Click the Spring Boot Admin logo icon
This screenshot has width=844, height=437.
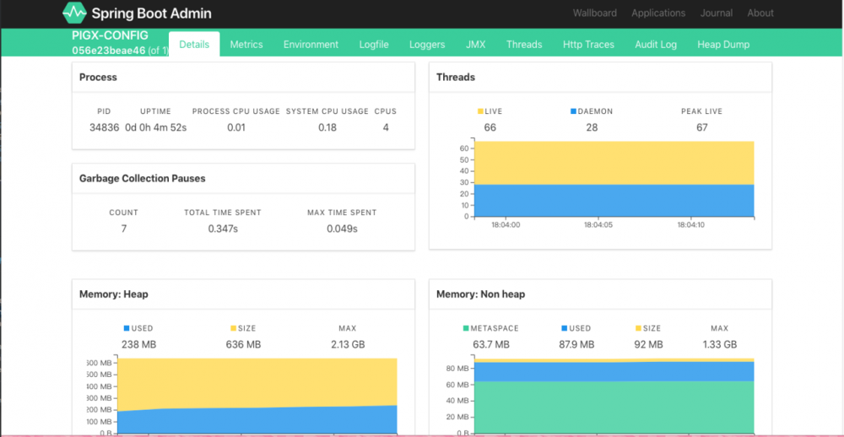coord(74,13)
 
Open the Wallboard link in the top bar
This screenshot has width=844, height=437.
coord(594,13)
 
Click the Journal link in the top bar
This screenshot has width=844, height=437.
coord(716,13)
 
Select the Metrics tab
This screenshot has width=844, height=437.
coord(246,45)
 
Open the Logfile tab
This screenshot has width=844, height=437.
coord(374,45)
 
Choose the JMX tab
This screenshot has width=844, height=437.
coord(475,45)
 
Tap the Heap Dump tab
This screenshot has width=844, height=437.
coord(723,45)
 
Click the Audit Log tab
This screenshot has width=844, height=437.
coord(656,45)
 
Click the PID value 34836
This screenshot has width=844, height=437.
coord(104,127)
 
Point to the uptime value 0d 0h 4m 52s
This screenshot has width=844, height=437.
coord(155,127)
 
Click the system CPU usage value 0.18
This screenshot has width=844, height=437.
coord(327,127)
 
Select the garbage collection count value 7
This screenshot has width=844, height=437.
coord(123,229)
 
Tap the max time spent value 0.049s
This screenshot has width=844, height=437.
coord(342,229)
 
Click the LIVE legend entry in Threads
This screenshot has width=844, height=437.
coord(490,111)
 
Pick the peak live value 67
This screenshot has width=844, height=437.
coord(701,127)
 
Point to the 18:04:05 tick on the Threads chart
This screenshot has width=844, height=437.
coord(598,225)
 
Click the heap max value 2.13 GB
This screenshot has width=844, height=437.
coord(347,344)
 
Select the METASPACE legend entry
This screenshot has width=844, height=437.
coord(490,328)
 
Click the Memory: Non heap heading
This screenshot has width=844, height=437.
coord(480,294)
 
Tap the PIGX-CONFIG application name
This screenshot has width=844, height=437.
coord(110,35)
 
